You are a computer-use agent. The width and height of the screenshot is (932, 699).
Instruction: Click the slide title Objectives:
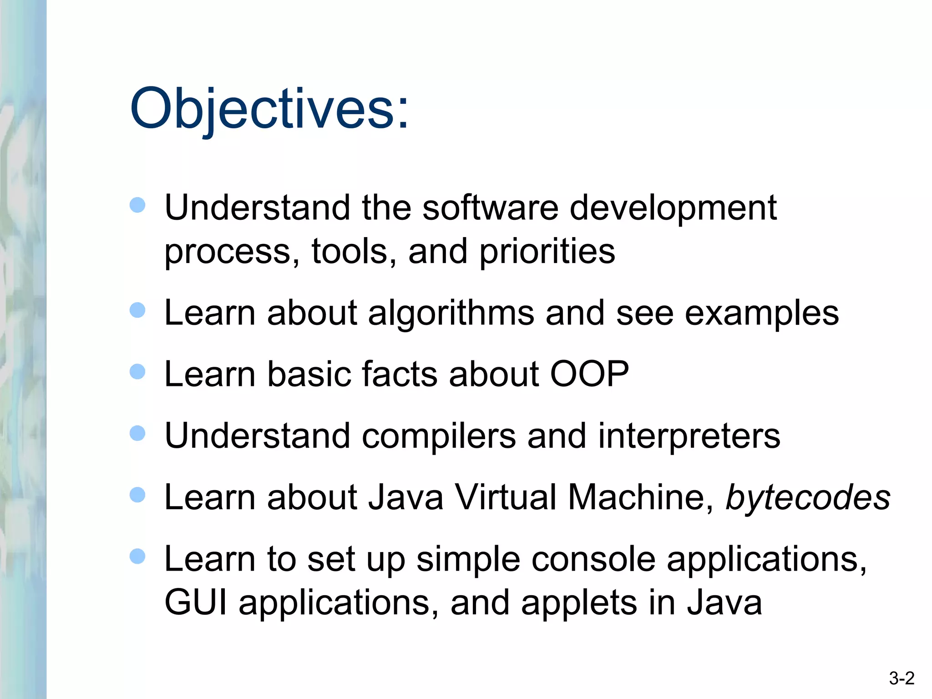(x=269, y=109)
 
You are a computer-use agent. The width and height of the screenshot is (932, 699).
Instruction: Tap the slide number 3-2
(x=902, y=679)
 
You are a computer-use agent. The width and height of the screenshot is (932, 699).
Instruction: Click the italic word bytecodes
(x=808, y=497)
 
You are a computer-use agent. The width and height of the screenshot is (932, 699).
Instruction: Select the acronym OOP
(x=589, y=374)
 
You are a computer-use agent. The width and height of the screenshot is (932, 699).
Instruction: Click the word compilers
(x=439, y=436)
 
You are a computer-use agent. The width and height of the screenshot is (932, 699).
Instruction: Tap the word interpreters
(x=689, y=436)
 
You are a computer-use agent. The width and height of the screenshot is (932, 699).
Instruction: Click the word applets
(x=579, y=603)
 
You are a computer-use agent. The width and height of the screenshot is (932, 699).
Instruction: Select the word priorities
(x=547, y=251)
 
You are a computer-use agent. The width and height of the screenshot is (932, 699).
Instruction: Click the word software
(x=490, y=208)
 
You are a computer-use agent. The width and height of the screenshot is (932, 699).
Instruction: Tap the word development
(x=673, y=208)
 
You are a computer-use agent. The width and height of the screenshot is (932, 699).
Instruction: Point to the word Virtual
(x=506, y=497)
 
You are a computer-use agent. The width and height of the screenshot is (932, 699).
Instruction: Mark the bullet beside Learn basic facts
(x=137, y=372)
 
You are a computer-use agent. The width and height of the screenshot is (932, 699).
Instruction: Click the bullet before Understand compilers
(x=137, y=433)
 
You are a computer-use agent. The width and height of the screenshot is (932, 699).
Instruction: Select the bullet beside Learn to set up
(x=137, y=556)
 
